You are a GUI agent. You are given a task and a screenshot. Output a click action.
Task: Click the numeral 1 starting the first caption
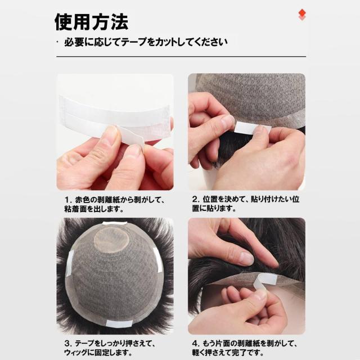point(66,199)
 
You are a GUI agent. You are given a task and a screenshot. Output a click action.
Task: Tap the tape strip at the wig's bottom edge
point(119,323)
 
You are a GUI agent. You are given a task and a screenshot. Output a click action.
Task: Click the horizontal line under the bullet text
point(180,56)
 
